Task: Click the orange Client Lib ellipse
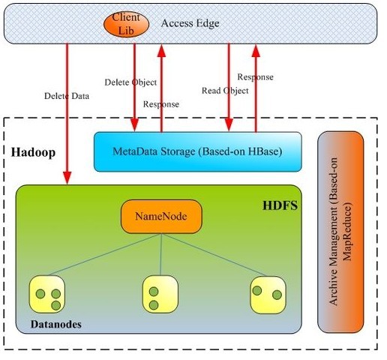[x=126, y=24]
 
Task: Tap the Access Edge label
[x=190, y=23]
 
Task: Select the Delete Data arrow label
[x=67, y=96]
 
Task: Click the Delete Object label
[x=130, y=82]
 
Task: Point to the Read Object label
[x=225, y=91]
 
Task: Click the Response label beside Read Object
[x=255, y=77]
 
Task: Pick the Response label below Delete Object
[x=161, y=104]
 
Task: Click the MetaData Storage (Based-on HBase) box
[x=197, y=151]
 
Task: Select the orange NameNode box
[x=161, y=217]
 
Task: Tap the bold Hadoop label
[x=33, y=152]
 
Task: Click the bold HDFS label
[x=280, y=205]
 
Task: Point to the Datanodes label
[x=56, y=324]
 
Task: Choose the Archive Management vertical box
[x=340, y=232]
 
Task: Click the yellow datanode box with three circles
[x=47, y=294]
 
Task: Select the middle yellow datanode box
[x=160, y=294]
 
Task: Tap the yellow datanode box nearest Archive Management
[x=268, y=295]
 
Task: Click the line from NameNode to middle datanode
[x=161, y=254]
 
